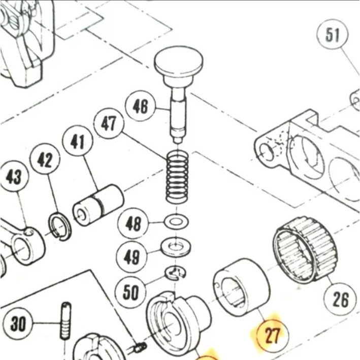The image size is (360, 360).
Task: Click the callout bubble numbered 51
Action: pos(333,36)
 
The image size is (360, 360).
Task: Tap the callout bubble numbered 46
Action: pos(141,107)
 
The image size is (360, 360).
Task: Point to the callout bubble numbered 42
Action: pos(45,160)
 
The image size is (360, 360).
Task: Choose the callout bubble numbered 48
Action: pos(133,224)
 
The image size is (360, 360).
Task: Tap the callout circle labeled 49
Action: pos(132,258)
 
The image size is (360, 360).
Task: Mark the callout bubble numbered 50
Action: pos(131,292)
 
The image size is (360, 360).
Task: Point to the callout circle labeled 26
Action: pos(341,300)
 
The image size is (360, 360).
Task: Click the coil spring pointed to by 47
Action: pos(177,178)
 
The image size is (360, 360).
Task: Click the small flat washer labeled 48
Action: pos(176,221)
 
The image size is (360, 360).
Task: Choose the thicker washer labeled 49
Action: pos(176,248)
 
